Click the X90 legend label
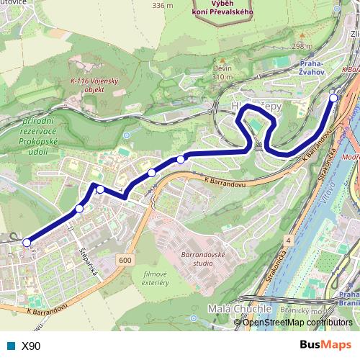(x=31, y=346)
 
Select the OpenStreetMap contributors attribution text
(x=297, y=322)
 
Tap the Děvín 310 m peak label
(x=221, y=72)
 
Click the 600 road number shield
(x=126, y=260)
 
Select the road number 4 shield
(x=287, y=238)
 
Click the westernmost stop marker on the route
(x=27, y=243)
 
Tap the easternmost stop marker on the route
(x=334, y=97)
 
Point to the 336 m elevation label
(x=163, y=5)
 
